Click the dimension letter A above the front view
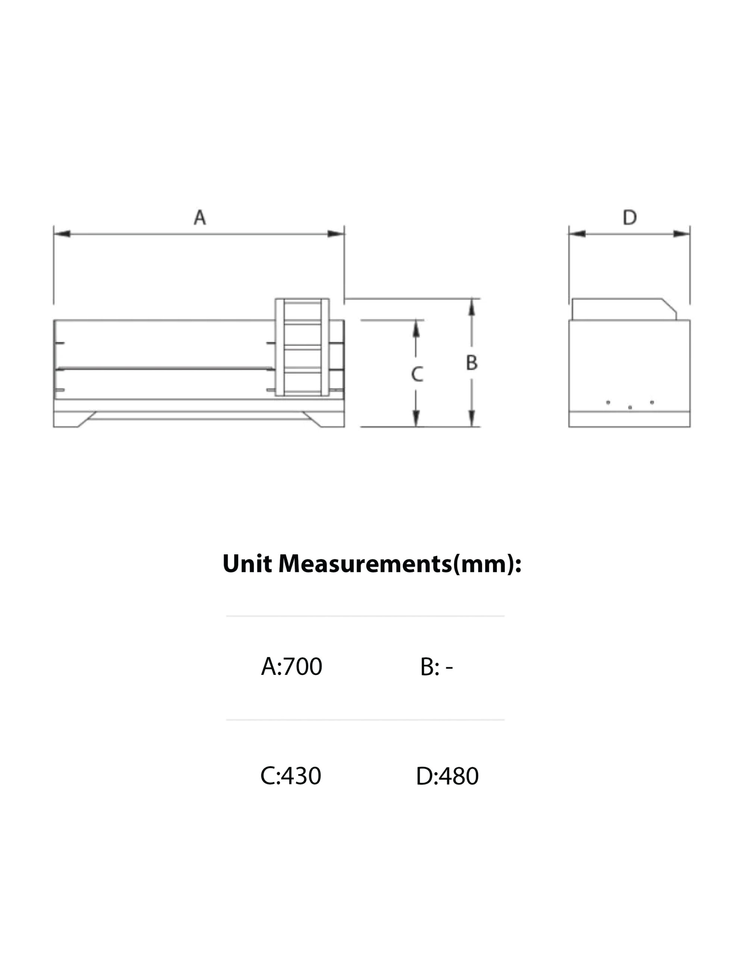(x=200, y=217)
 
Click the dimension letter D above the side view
(x=629, y=217)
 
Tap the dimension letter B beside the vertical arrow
(x=472, y=363)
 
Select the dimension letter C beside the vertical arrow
(x=417, y=374)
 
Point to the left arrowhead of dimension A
(x=62, y=234)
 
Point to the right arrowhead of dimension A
(x=336, y=234)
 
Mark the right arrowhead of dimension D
(x=682, y=234)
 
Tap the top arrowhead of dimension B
(x=472, y=307)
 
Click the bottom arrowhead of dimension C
(x=416, y=419)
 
